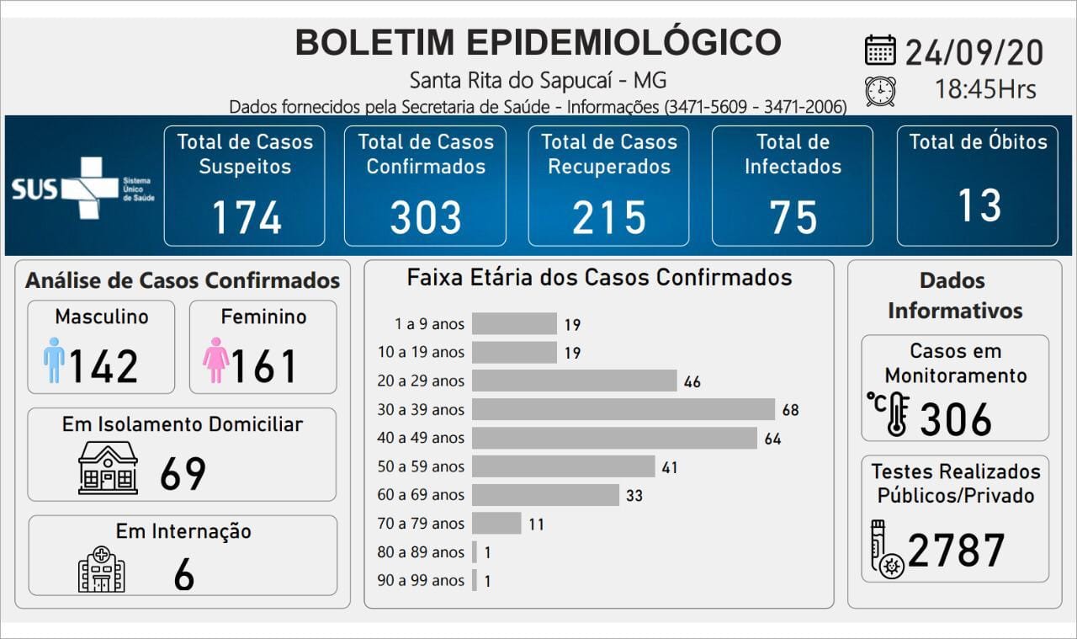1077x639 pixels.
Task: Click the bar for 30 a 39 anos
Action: pyautogui.click(x=623, y=409)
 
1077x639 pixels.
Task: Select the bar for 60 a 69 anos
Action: pyautogui.click(x=545, y=495)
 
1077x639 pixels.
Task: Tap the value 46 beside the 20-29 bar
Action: pyautogui.click(x=692, y=381)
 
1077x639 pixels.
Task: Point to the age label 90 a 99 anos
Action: pyautogui.click(x=421, y=580)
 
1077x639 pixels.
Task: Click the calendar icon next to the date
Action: pyautogui.click(x=880, y=50)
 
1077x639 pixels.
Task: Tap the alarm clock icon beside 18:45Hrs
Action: pyautogui.click(x=880, y=90)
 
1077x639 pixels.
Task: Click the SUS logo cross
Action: pyautogui.click(x=88, y=188)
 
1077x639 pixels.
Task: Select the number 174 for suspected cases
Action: pyautogui.click(x=246, y=217)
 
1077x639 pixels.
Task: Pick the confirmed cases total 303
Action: pyautogui.click(x=426, y=217)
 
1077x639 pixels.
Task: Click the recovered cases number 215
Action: pyautogui.click(x=609, y=217)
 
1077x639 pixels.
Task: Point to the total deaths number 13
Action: pyautogui.click(x=979, y=205)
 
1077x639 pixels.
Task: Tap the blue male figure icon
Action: pyautogui.click(x=54, y=360)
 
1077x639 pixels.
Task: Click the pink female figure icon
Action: pyautogui.click(x=216, y=360)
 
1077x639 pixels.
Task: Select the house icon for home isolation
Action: pyautogui.click(x=108, y=468)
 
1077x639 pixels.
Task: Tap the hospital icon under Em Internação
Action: pyautogui.click(x=101, y=569)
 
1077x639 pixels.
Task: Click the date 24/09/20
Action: pyautogui.click(x=974, y=52)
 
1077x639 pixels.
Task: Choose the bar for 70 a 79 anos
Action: pyautogui.click(x=496, y=524)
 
